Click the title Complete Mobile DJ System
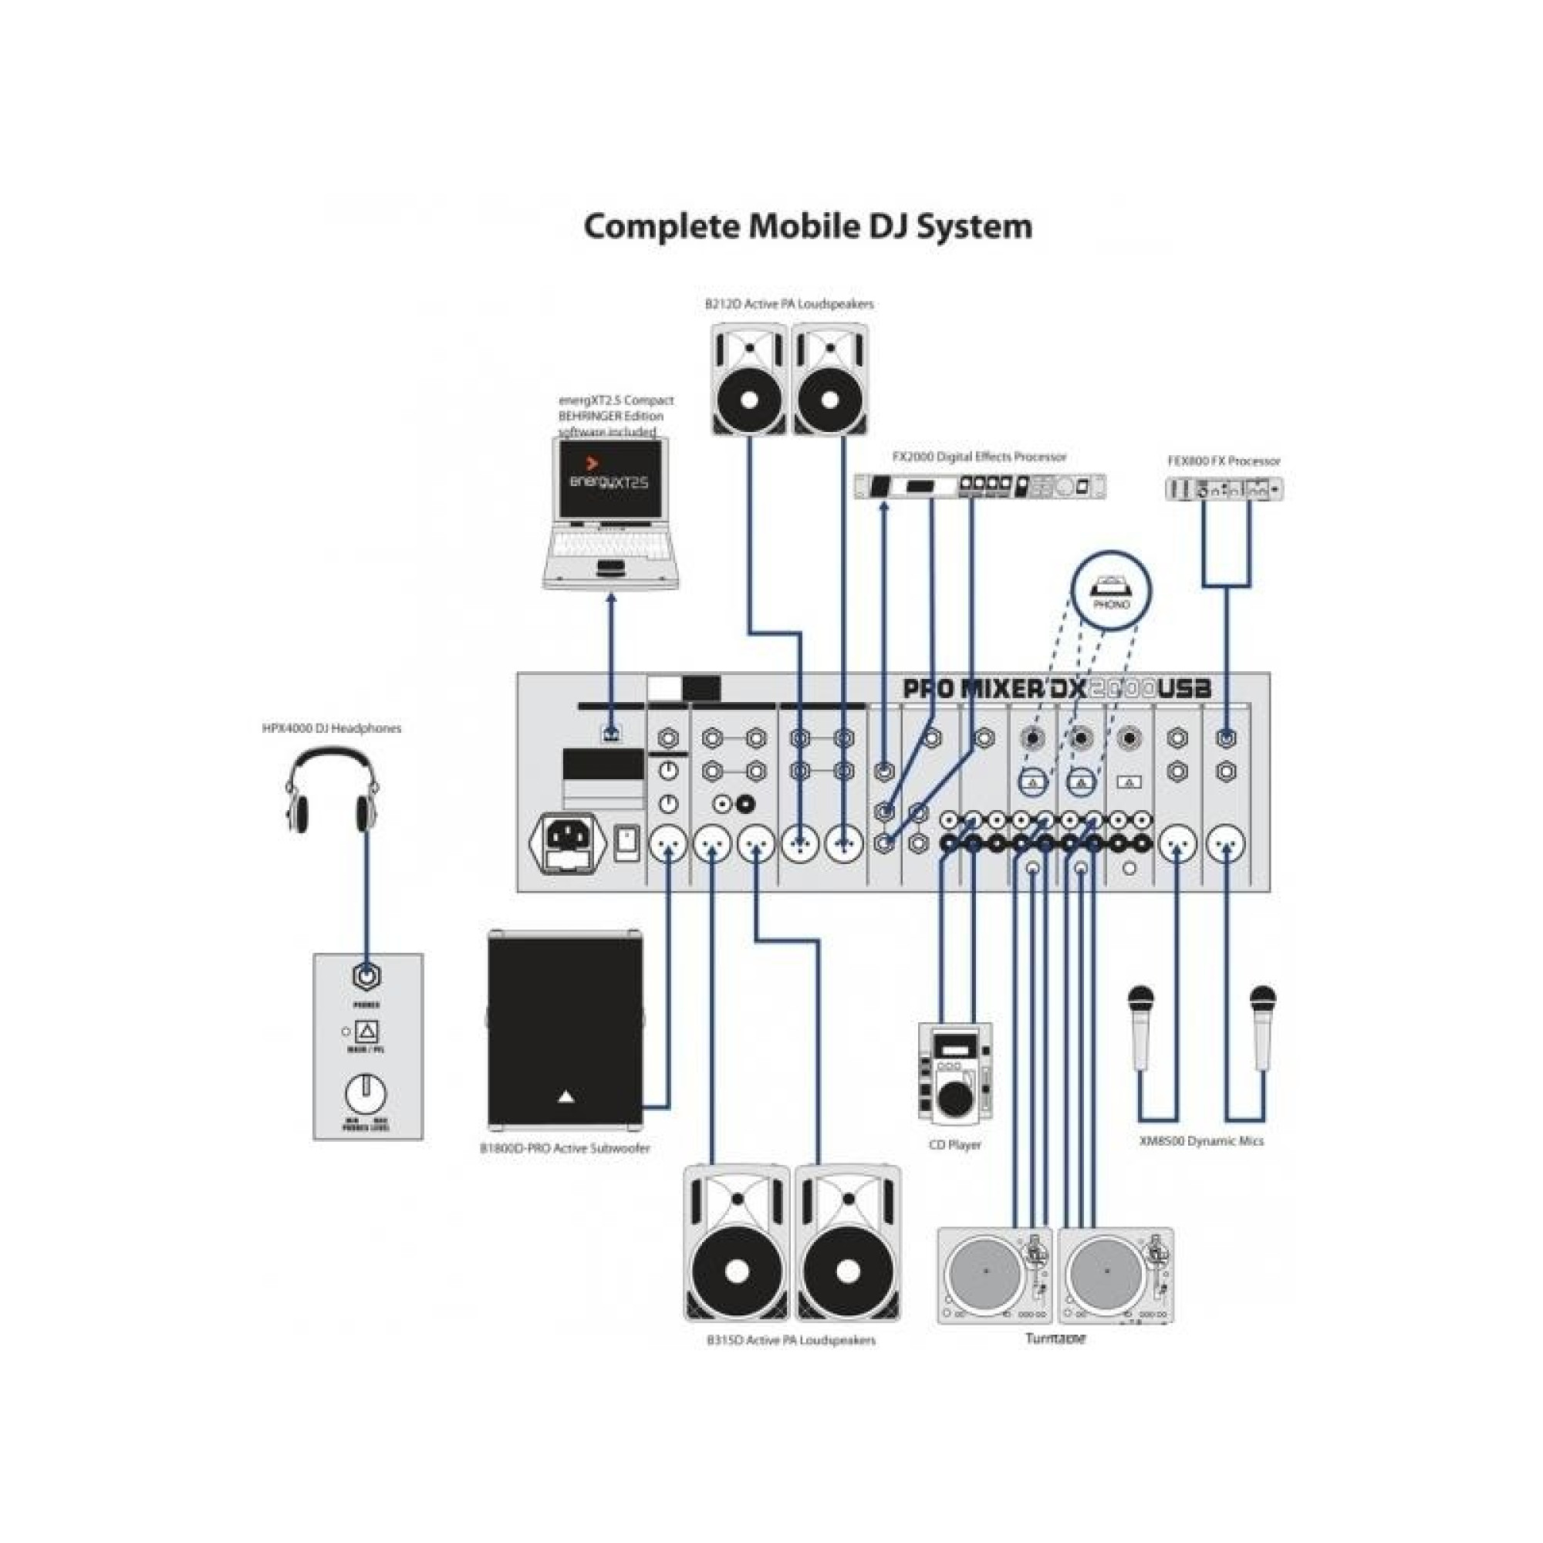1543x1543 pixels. pyautogui.click(x=808, y=226)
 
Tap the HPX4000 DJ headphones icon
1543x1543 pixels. pyautogui.click(x=333, y=791)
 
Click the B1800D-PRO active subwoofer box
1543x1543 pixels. pyautogui.click(x=566, y=1030)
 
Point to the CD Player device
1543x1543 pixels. pyautogui.click(x=954, y=1071)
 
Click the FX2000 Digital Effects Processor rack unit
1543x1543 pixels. pyautogui.click(x=981, y=485)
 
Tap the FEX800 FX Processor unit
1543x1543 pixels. pyautogui.click(x=1224, y=489)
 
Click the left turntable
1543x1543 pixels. pyautogui.click(x=995, y=1276)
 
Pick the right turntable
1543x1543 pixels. pyautogui.click(x=1116, y=1276)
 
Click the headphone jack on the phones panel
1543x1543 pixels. pyautogui.click(x=366, y=976)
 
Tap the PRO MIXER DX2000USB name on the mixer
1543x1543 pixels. pyautogui.click(x=1057, y=688)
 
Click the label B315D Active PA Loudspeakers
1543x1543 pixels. pyautogui.click(x=791, y=1340)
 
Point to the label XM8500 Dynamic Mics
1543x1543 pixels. pyautogui.click(x=1201, y=1140)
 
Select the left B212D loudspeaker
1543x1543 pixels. pyautogui.click(x=750, y=380)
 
